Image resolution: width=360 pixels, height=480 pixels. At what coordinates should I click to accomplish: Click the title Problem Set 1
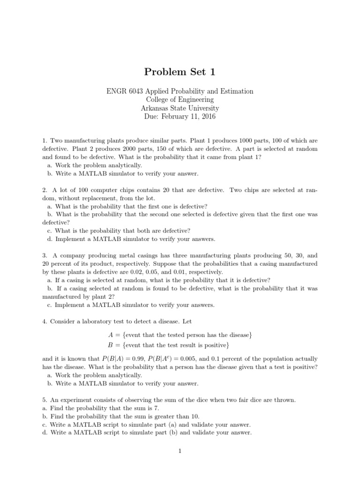[x=180, y=72]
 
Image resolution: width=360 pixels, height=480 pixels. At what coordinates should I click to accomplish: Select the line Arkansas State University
[x=180, y=108]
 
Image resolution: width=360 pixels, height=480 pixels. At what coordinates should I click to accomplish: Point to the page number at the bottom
[x=180, y=451]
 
